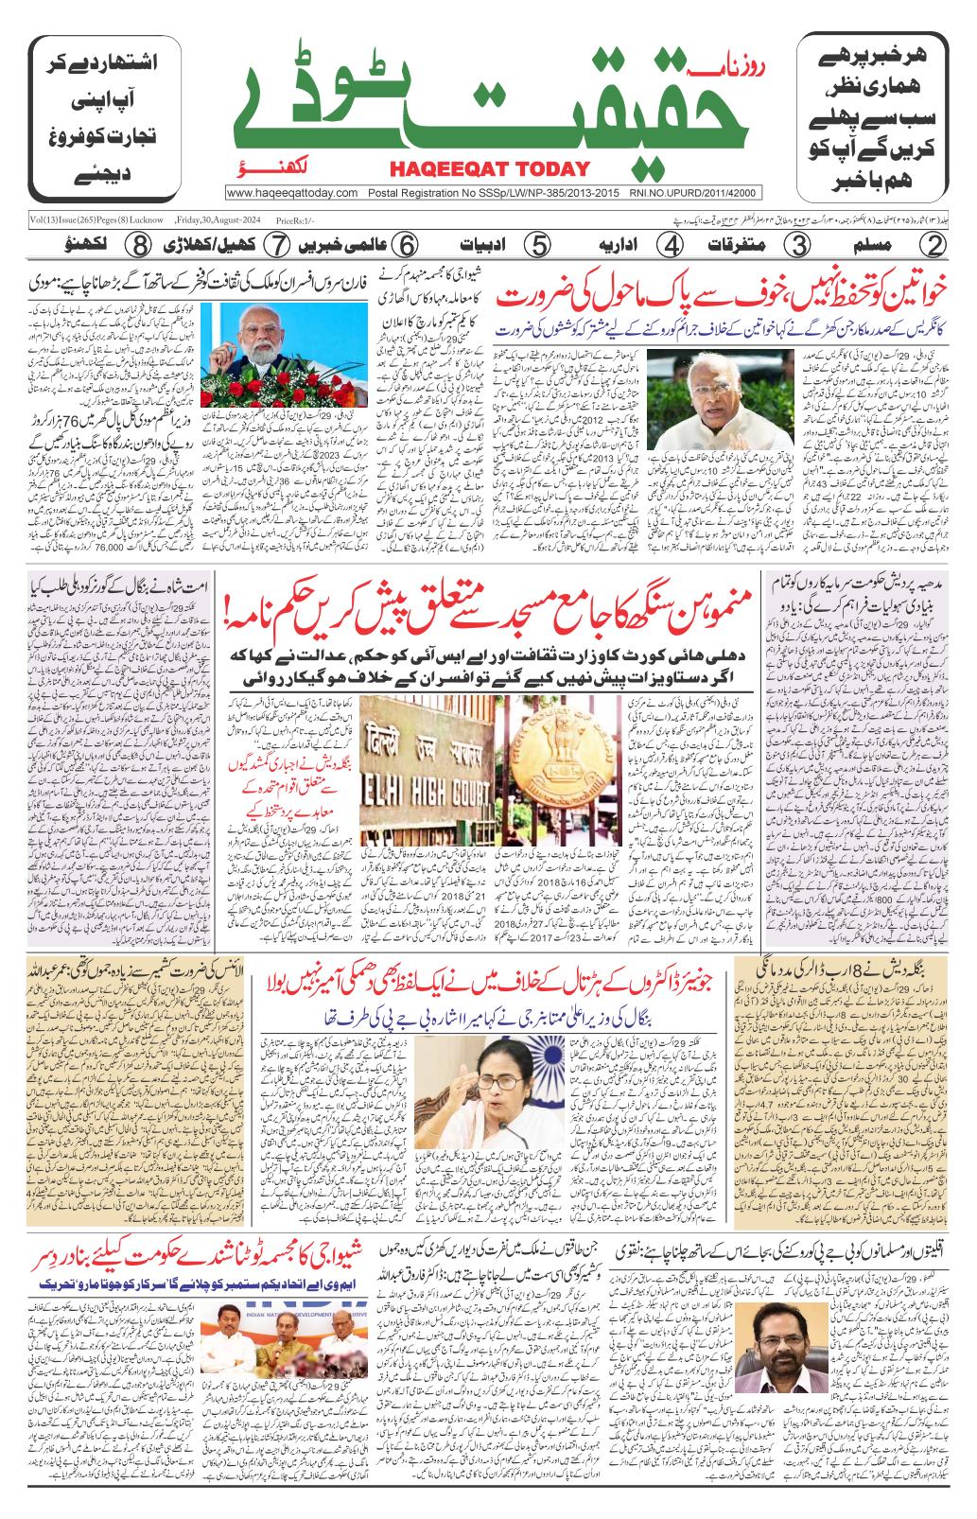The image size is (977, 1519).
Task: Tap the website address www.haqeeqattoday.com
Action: coord(293,193)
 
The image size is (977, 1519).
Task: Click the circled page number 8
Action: coord(141,245)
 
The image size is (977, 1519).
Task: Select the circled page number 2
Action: coord(935,245)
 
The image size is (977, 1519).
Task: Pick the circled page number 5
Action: coord(536,245)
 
